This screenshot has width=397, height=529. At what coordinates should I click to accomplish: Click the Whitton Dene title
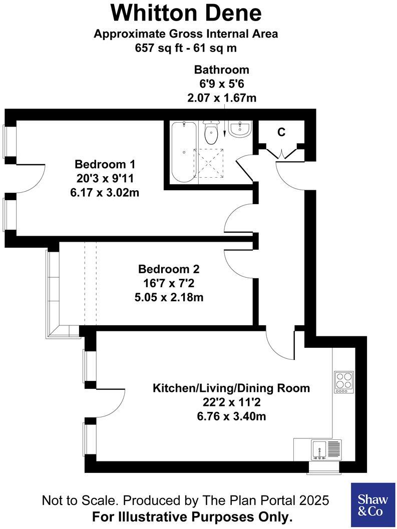point(186,13)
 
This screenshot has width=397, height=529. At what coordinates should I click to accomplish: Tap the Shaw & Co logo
point(372,505)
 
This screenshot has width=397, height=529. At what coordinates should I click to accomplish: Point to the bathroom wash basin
point(239,130)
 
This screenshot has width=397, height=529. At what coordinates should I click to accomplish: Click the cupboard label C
point(281,132)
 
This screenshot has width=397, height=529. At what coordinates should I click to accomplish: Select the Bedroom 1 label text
point(105,164)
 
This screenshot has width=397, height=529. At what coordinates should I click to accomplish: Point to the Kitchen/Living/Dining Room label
point(231,388)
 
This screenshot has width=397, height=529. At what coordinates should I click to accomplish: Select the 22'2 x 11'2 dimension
point(231,402)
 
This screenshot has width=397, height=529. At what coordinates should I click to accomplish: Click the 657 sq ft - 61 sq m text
point(186,48)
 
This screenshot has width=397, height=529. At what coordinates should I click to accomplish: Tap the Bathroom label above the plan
point(221,70)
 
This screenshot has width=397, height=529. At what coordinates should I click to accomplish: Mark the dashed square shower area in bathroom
point(208,164)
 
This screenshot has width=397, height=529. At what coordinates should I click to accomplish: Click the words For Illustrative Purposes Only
point(192,516)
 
